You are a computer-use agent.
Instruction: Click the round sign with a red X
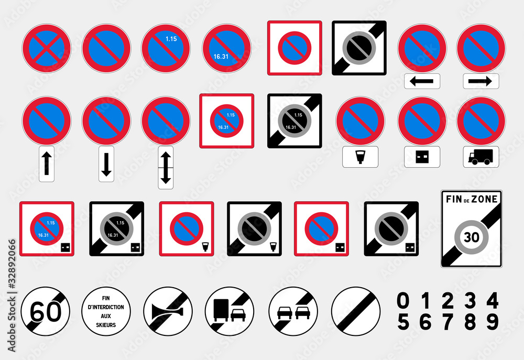pyautogui.click(x=46, y=48)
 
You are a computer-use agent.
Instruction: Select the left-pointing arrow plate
pyautogui.click(x=422, y=81)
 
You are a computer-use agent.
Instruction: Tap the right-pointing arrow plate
pyautogui.click(x=481, y=81)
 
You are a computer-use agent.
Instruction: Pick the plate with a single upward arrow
pyautogui.click(x=47, y=164)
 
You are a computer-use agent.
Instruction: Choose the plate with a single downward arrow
pyautogui.click(x=106, y=164)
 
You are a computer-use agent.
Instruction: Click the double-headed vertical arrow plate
pyautogui.click(x=166, y=167)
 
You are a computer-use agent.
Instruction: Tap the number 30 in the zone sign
pyautogui.click(x=472, y=237)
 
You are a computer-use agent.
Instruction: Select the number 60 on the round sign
pyautogui.click(x=46, y=313)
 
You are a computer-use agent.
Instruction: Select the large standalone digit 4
pyautogui.click(x=492, y=301)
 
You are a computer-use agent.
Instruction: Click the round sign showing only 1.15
pyautogui.click(x=166, y=48)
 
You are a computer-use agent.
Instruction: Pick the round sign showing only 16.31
pyautogui.click(x=226, y=48)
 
